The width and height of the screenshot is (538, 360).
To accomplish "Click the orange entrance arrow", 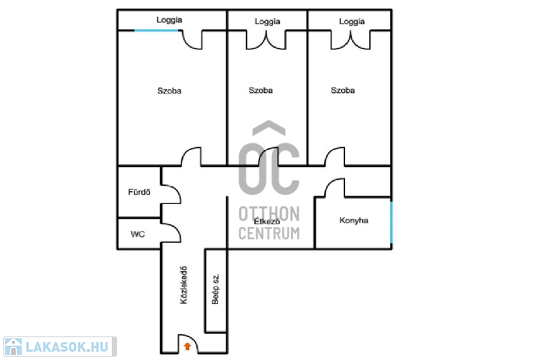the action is [x=188, y=347].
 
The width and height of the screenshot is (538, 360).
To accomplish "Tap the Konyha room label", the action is [x=354, y=220].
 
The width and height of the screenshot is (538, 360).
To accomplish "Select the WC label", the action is [x=138, y=234].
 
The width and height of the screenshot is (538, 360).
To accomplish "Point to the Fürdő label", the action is [x=139, y=192].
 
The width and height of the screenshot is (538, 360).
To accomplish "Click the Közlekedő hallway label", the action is [x=184, y=285].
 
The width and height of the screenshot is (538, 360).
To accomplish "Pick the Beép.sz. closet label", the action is [x=215, y=289].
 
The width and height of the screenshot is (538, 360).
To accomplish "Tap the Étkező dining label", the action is [x=266, y=221].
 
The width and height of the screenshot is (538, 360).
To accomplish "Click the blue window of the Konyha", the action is [x=391, y=222].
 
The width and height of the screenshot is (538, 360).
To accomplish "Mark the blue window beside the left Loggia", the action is [x=157, y=30].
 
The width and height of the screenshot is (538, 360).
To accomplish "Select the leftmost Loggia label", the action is [x=169, y=20].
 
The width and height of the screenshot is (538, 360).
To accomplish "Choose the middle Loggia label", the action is [x=267, y=22].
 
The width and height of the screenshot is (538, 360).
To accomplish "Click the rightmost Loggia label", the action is [x=352, y=22].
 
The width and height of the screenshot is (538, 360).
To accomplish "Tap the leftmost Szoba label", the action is [x=169, y=91].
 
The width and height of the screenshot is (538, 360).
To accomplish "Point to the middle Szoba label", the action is [x=260, y=90].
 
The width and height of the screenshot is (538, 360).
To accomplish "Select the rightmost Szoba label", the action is [x=343, y=90].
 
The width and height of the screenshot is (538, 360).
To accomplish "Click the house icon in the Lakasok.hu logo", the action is [x=13, y=347].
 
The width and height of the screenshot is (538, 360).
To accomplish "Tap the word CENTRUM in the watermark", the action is [x=269, y=233].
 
